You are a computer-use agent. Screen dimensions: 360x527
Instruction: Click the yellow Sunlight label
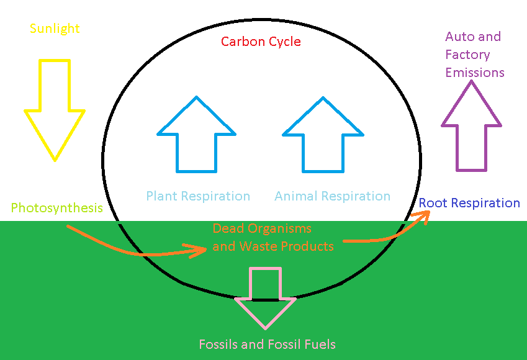tap(55, 29)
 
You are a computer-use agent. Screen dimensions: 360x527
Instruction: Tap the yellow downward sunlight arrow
tap(55, 112)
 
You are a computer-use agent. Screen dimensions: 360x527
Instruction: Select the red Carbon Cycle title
tap(261, 42)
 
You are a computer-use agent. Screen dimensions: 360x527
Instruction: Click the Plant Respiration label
tap(198, 197)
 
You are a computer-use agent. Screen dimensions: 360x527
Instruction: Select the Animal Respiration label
tap(332, 197)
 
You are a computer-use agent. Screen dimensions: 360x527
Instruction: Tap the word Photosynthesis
tap(56, 208)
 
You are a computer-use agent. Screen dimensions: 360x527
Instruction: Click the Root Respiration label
tap(469, 203)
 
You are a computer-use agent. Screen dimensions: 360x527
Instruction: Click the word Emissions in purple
tap(475, 73)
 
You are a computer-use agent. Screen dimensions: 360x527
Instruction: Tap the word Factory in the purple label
tap(467, 55)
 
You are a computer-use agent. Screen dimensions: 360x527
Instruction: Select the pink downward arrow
tap(265, 298)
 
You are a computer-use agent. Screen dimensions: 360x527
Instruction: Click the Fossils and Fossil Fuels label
tap(267, 344)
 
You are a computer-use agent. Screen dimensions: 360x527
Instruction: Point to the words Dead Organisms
tap(262, 228)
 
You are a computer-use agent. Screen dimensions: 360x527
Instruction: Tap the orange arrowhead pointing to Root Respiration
tap(423, 215)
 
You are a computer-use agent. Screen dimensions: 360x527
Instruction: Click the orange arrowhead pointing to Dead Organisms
tap(200, 250)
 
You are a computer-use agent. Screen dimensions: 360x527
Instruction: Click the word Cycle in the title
tap(284, 42)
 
